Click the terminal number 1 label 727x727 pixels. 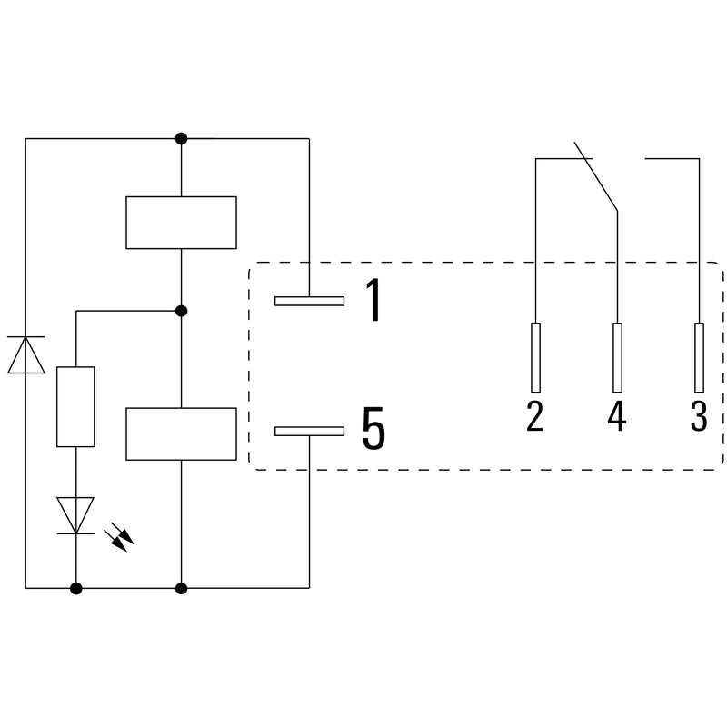coord(373,300)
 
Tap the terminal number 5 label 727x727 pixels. coord(373,428)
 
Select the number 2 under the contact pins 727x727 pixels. coord(535,416)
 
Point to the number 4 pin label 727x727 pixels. coord(617,416)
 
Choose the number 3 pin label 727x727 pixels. coord(699,416)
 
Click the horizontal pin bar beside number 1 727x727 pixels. coord(309,301)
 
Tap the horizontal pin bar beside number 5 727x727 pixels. coord(309,431)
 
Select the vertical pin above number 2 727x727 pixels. coord(535,357)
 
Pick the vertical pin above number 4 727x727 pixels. coord(617,357)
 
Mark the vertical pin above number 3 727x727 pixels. coord(699,357)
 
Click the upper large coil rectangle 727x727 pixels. coord(181,223)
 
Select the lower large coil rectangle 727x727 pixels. coord(181,434)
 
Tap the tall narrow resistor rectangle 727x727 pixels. coord(75,406)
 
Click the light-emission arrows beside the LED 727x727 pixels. coord(119,537)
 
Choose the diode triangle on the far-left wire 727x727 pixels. coord(26,354)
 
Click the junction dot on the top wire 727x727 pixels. coord(181,138)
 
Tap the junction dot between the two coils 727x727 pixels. coord(181,311)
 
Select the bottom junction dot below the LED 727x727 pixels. coord(76,588)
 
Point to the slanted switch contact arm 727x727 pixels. coord(596,176)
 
